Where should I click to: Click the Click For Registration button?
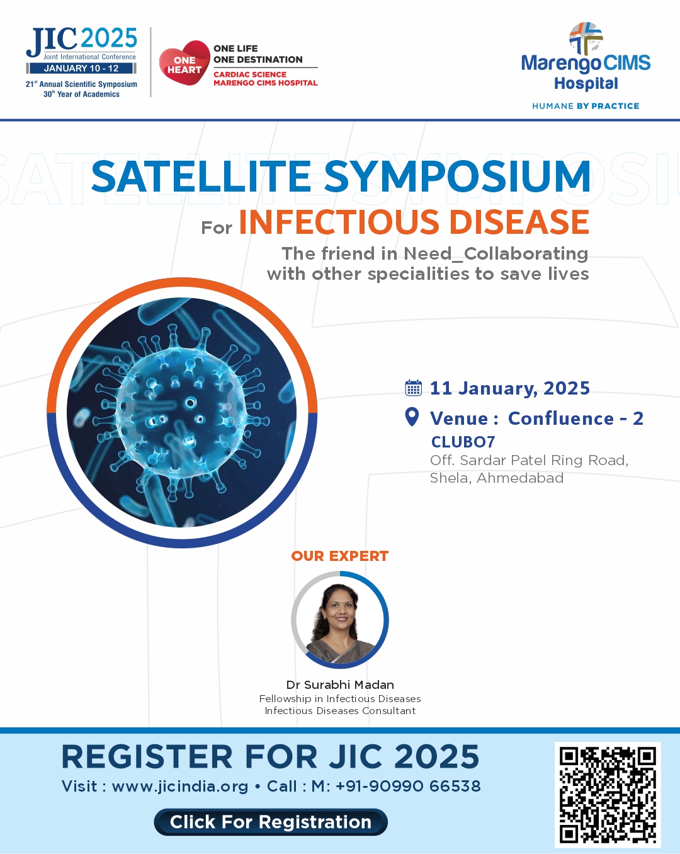point(270,821)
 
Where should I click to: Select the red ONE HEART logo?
point(184,62)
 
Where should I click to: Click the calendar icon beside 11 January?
point(413,388)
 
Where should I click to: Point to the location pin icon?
point(412,417)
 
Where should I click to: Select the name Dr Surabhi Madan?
point(340,684)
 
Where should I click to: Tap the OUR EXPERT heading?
point(340,556)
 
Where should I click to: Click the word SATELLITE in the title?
point(201,176)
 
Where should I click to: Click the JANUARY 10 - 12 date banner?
point(81,68)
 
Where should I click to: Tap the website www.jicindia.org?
point(180,786)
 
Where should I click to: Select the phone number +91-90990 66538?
point(408,786)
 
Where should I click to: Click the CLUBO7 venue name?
point(463,442)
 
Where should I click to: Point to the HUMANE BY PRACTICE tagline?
point(586,106)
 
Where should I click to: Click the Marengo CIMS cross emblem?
point(586,38)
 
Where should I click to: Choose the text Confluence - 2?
point(575,418)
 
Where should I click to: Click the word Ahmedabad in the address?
point(520,478)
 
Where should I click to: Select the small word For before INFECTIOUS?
point(217,228)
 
